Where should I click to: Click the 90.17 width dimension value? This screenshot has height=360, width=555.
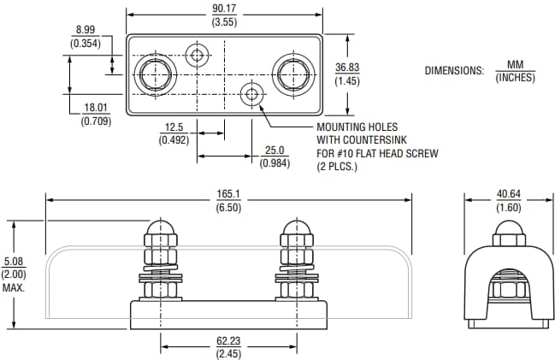(226, 9)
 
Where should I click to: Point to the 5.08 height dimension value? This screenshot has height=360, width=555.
(13, 262)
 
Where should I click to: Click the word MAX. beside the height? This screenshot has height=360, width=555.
(13, 287)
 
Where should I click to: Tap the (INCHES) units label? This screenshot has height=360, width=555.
(515, 79)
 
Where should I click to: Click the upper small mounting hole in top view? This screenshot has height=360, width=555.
(198, 56)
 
